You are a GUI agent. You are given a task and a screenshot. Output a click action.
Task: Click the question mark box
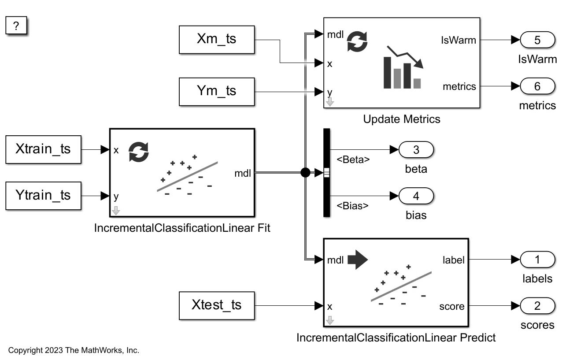16,26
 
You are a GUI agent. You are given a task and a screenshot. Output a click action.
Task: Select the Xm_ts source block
217,39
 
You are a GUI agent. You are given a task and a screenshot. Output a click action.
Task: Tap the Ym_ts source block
217,91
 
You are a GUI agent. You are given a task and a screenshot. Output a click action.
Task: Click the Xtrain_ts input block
43,149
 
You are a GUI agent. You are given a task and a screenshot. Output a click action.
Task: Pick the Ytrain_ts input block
43,195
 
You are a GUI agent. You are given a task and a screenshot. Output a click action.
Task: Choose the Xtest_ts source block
217,305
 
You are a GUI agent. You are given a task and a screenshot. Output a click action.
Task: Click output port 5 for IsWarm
537,40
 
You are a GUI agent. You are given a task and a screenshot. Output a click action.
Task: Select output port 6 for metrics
537,86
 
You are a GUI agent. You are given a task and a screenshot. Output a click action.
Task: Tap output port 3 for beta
416,150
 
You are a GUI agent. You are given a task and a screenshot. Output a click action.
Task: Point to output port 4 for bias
416,196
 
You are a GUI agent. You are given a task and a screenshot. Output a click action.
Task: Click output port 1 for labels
537,260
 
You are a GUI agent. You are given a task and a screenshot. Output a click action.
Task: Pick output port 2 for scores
537,306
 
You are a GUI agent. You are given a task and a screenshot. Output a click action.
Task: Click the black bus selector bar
326,173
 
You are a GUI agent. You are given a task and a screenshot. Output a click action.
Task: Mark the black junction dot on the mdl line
305,173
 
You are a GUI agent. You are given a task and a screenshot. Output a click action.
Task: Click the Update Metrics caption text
401,119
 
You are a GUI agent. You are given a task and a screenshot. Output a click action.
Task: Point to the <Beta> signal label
353,160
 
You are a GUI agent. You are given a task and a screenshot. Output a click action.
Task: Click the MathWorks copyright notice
74,351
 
